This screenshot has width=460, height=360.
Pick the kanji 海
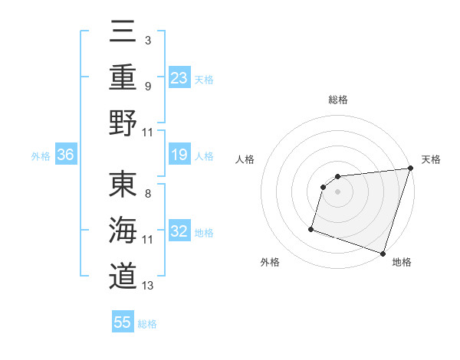click(x=123, y=231)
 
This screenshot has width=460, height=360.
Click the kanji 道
click(x=123, y=277)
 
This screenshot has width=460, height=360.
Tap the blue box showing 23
click(x=179, y=77)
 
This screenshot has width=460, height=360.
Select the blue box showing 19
click(x=179, y=155)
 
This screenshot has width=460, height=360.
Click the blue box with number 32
click(x=179, y=231)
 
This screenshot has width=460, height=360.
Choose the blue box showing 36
click(x=66, y=155)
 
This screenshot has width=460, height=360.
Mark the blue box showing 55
click(x=123, y=322)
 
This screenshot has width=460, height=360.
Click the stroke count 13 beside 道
click(x=148, y=286)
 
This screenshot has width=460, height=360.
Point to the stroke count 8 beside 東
click(x=148, y=193)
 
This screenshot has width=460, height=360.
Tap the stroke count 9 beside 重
click(x=148, y=86)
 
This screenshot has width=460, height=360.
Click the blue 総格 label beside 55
click(x=147, y=324)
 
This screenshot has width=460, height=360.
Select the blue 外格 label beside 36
click(x=41, y=156)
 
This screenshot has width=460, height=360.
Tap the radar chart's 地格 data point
click(x=383, y=253)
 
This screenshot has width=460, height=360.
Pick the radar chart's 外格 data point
click(x=311, y=228)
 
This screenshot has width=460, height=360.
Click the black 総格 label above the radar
click(x=338, y=100)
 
